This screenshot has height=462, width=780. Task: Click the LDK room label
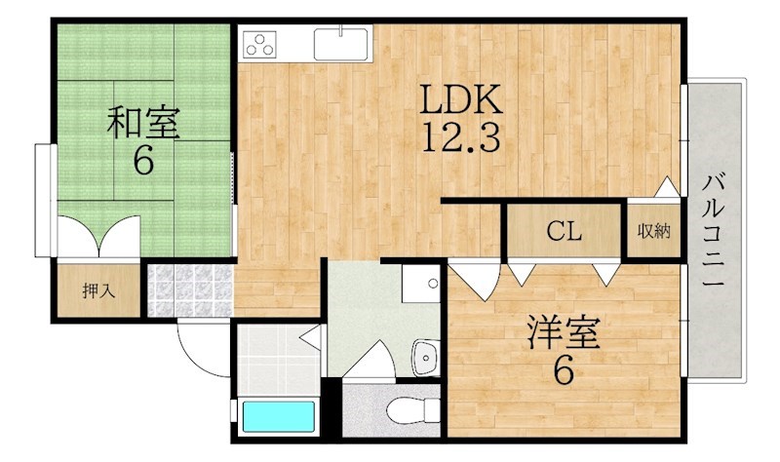pos(460,99)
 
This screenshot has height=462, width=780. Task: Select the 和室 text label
pos(143,123)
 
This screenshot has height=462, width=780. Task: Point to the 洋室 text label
pos(564,332)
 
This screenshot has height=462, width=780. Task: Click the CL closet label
pos(565,231)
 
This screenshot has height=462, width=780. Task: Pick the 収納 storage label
pos(654,231)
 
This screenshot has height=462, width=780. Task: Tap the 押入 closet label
pos(98,290)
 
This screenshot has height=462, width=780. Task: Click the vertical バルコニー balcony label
pos(714,230)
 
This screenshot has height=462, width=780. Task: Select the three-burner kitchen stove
pos(260,44)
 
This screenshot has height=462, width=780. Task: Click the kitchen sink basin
pos(341,44)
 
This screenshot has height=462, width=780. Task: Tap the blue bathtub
pos(279,417)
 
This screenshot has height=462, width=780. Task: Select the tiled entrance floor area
pos(190,290)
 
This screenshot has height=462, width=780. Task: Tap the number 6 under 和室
pos(143,160)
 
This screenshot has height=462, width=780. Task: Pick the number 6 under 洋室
pos(564,370)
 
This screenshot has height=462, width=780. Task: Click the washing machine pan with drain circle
pos(421,283)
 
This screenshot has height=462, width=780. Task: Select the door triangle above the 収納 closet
pos(667,187)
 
